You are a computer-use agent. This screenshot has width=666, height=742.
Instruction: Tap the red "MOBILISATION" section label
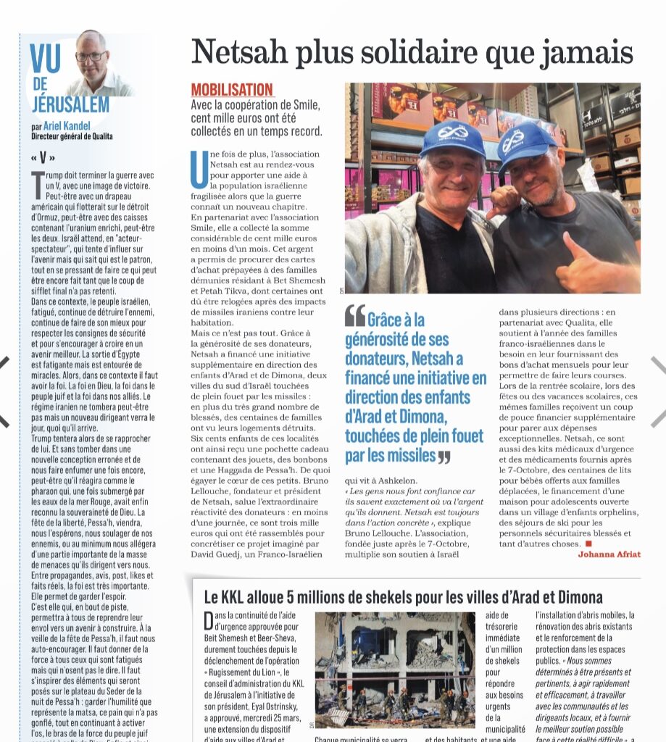pyautogui.click(x=232, y=90)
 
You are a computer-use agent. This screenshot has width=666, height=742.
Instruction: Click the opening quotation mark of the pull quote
pyautogui.click(x=354, y=315)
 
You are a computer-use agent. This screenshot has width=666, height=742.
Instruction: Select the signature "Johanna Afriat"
pyautogui.click(x=609, y=554)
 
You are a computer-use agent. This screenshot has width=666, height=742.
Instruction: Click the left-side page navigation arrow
pyautogui.click(x=6, y=391)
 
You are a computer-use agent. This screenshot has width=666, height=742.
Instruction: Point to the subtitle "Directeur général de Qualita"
pyautogui.click(x=72, y=136)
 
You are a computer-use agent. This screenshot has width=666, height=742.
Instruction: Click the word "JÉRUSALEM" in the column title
pyautogui.click(x=61, y=104)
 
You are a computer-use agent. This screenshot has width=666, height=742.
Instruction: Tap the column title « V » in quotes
pyautogui.click(x=43, y=158)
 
